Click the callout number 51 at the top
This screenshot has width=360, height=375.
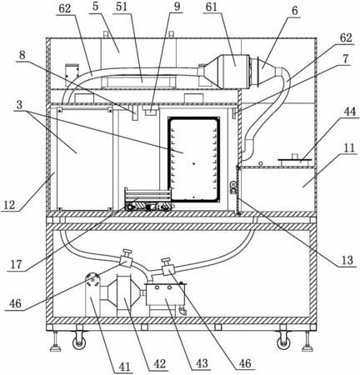pos(121,7)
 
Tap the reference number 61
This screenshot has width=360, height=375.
pos(211,7)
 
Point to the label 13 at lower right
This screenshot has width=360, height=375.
pos(347,260)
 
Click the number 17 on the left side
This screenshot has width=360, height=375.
pos(16,264)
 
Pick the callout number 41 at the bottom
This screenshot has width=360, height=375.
pos(124,367)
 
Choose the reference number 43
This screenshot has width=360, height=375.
pos(202,363)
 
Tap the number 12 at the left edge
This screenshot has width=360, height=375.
pos(10,205)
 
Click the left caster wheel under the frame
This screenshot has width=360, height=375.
pos(78,342)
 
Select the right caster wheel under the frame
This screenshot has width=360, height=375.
pos(283,342)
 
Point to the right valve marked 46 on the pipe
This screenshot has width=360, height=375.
pos(167,267)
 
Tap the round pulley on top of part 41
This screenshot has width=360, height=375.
pos(92,280)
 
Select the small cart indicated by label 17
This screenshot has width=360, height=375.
pos(147,199)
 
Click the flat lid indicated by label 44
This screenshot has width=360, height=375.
pos(294,160)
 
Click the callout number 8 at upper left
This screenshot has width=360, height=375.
pos(22,55)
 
